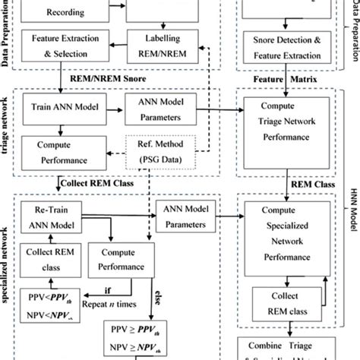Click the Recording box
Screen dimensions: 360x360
(x=60, y=10)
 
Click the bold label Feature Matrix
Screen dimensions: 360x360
(x=290, y=77)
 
